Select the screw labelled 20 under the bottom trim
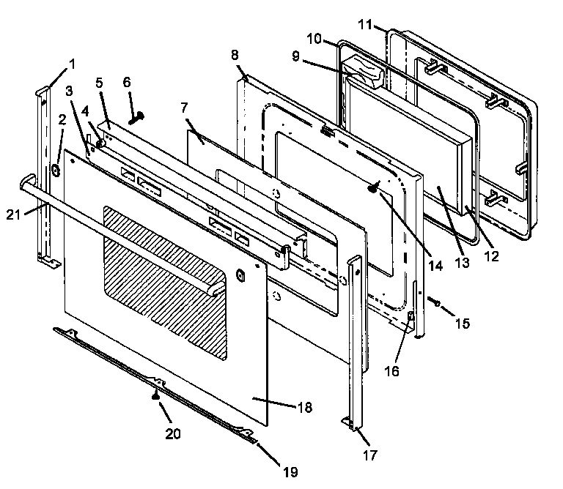tap(155, 396)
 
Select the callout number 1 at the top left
tap(72, 64)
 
